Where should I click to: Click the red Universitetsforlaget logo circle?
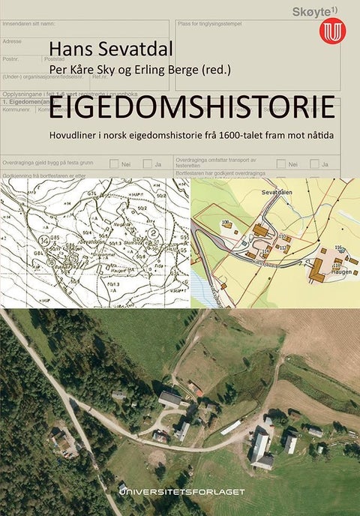coord(330,31)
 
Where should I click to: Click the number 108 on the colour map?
coord(224,223)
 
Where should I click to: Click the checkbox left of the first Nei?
coord(114,163)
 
